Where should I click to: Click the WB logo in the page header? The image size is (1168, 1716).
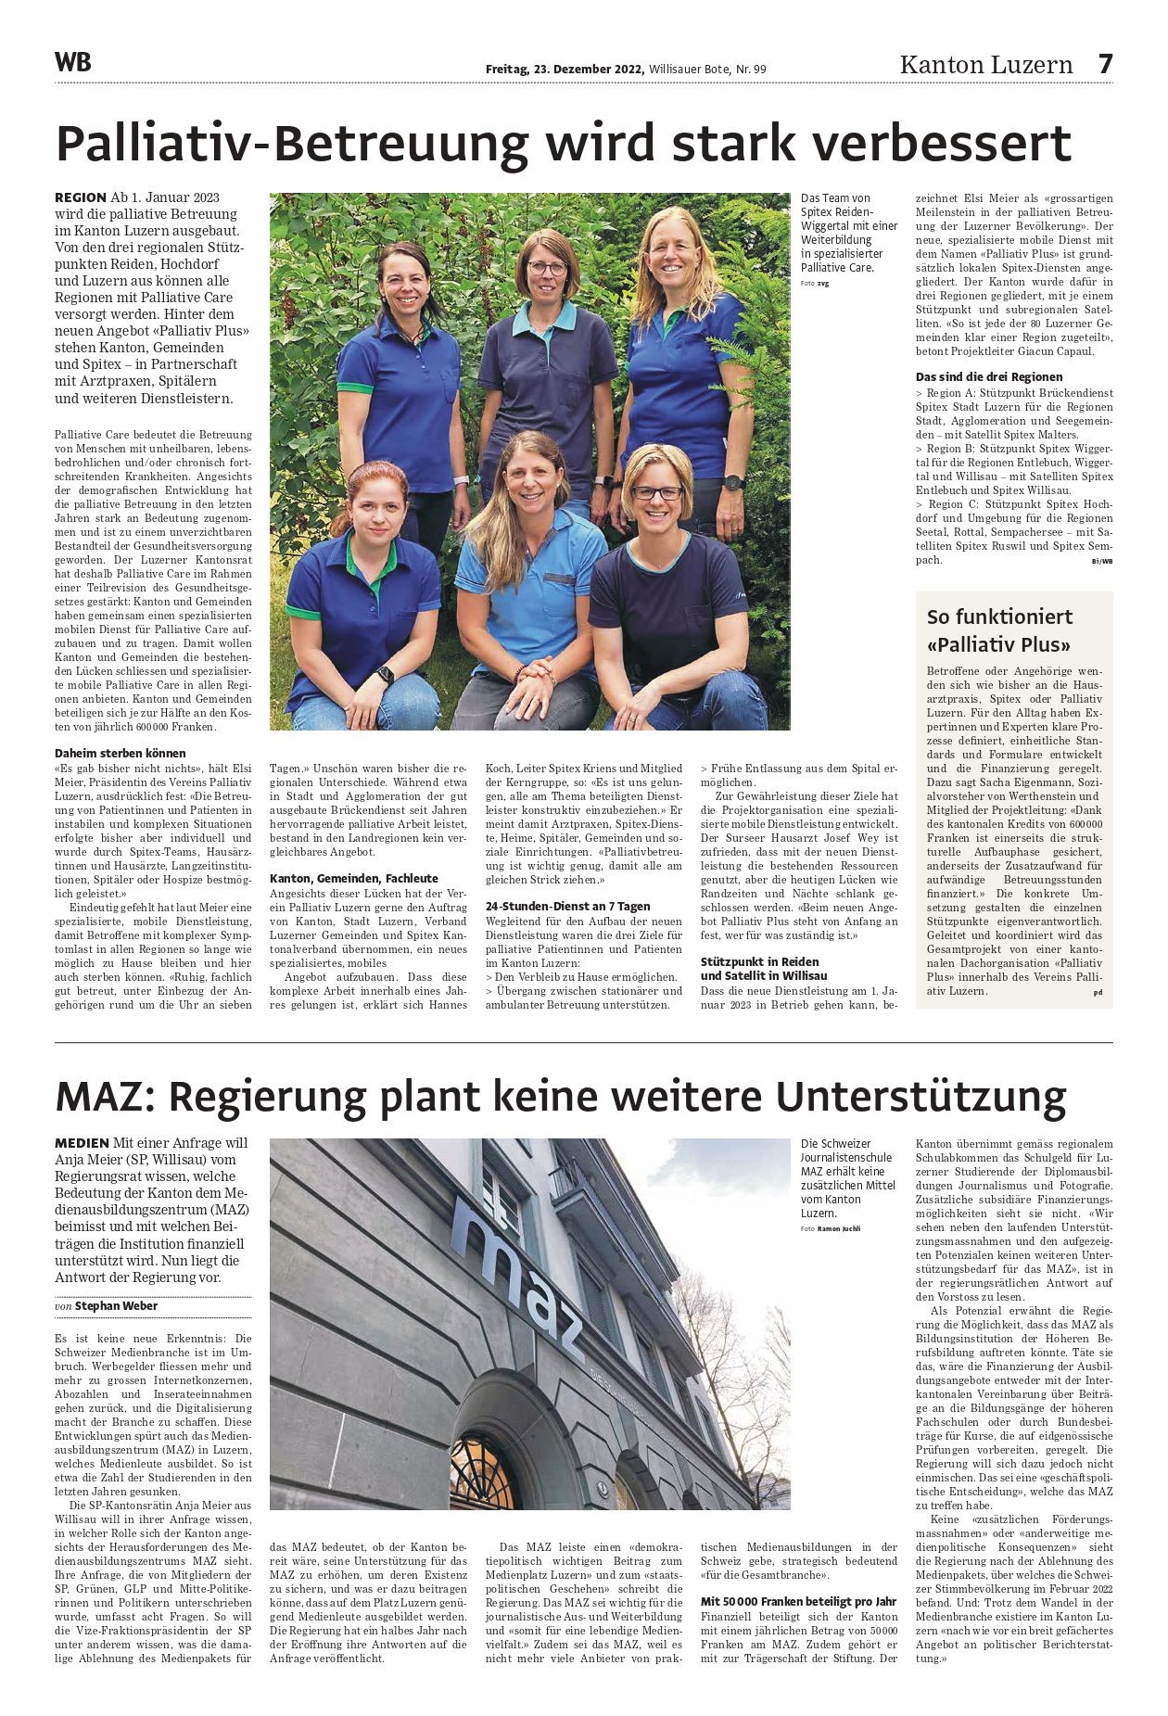[x=73, y=63]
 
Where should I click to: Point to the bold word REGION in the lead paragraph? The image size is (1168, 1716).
[x=81, y=197]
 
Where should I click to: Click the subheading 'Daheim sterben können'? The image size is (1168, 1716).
[x=121, y=753]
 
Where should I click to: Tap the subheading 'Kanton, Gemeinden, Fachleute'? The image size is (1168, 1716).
[x=354, y=878]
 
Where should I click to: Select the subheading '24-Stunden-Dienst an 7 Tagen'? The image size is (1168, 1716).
[x=568, y=906]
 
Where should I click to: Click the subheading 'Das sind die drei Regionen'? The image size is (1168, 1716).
[x=989, y=376]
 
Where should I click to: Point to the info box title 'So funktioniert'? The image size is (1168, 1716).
[x=999, y=616]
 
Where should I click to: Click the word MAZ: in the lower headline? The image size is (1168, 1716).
[x=104, y=1097]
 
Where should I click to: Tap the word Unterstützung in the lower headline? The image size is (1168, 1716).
[x=921, y=1097]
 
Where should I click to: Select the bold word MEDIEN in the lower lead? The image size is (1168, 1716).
[x=82, y=1143]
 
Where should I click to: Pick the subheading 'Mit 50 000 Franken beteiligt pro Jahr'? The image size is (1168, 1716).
[x=798, y=1601]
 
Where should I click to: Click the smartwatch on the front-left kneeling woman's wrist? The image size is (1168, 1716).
[x=385, y=674]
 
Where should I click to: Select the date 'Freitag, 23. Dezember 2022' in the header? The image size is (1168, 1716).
[x=565, y=69]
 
